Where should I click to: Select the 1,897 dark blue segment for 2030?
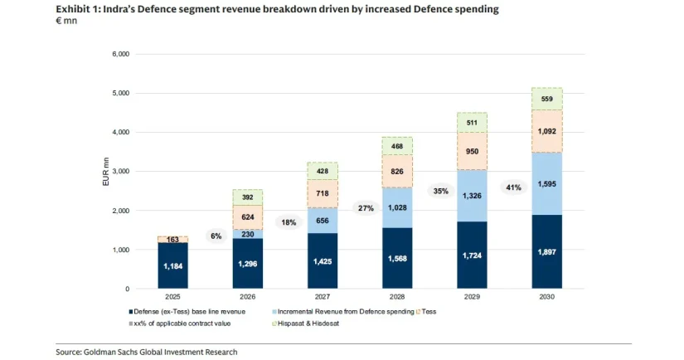pyautogui.click(x=547, y=252)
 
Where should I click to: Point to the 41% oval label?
pyautogui.click(x=513, y=187)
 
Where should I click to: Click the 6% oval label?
pyautogui.click(x=216, y=236)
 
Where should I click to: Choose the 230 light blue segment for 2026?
pyautogui.click(x=248, y=234)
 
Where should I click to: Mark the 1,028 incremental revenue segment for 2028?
pyautogui.click(x=397, y=207)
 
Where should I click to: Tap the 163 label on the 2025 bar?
pyautogui.click(x=172, y=239)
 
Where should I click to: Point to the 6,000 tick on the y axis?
pyautogui.click(x=121, y=54)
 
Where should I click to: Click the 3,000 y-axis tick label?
pyautogui.click(x=121, y=172)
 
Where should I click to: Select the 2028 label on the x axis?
pyautogui.click(x=397, y=298)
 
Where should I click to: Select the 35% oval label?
pyautogui.click(x=440, y=191)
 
